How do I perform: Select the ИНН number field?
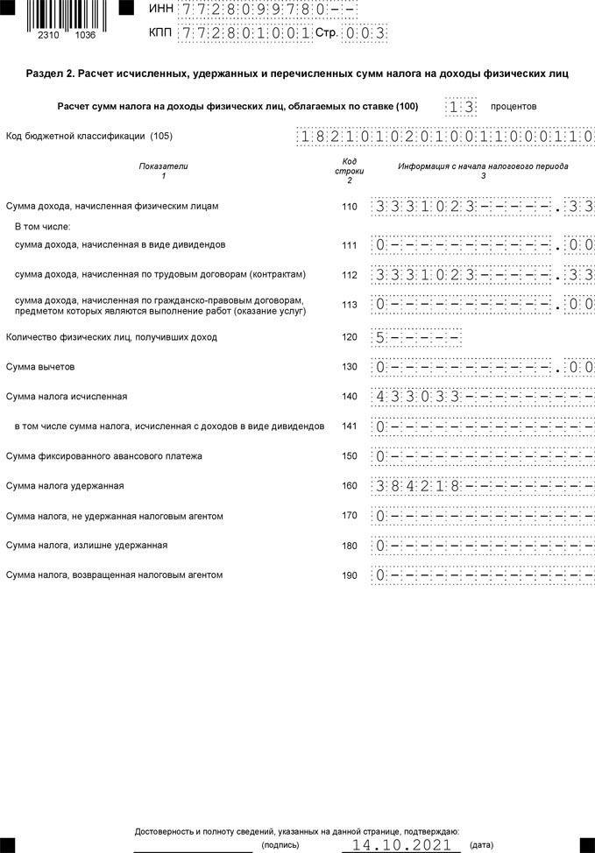coord(268,10)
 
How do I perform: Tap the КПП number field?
coord(244,33)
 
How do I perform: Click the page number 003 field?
coord(365,33)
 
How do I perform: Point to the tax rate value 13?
coord(461,107)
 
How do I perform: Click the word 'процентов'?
coord(514,107)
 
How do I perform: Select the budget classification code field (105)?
coord(445,137)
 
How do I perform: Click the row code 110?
coord(350,207)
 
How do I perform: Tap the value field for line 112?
coord(483,275)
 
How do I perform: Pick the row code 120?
coord(350,337)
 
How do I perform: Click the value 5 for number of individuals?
coord(380,337)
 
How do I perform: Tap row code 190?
coord(350,575)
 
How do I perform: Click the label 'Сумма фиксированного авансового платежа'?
coord(104,456)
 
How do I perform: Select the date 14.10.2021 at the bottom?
coord(400,845)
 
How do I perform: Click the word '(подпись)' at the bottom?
coord(280,846)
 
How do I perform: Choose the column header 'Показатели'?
coord(163,166)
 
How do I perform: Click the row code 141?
coord(350,426)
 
